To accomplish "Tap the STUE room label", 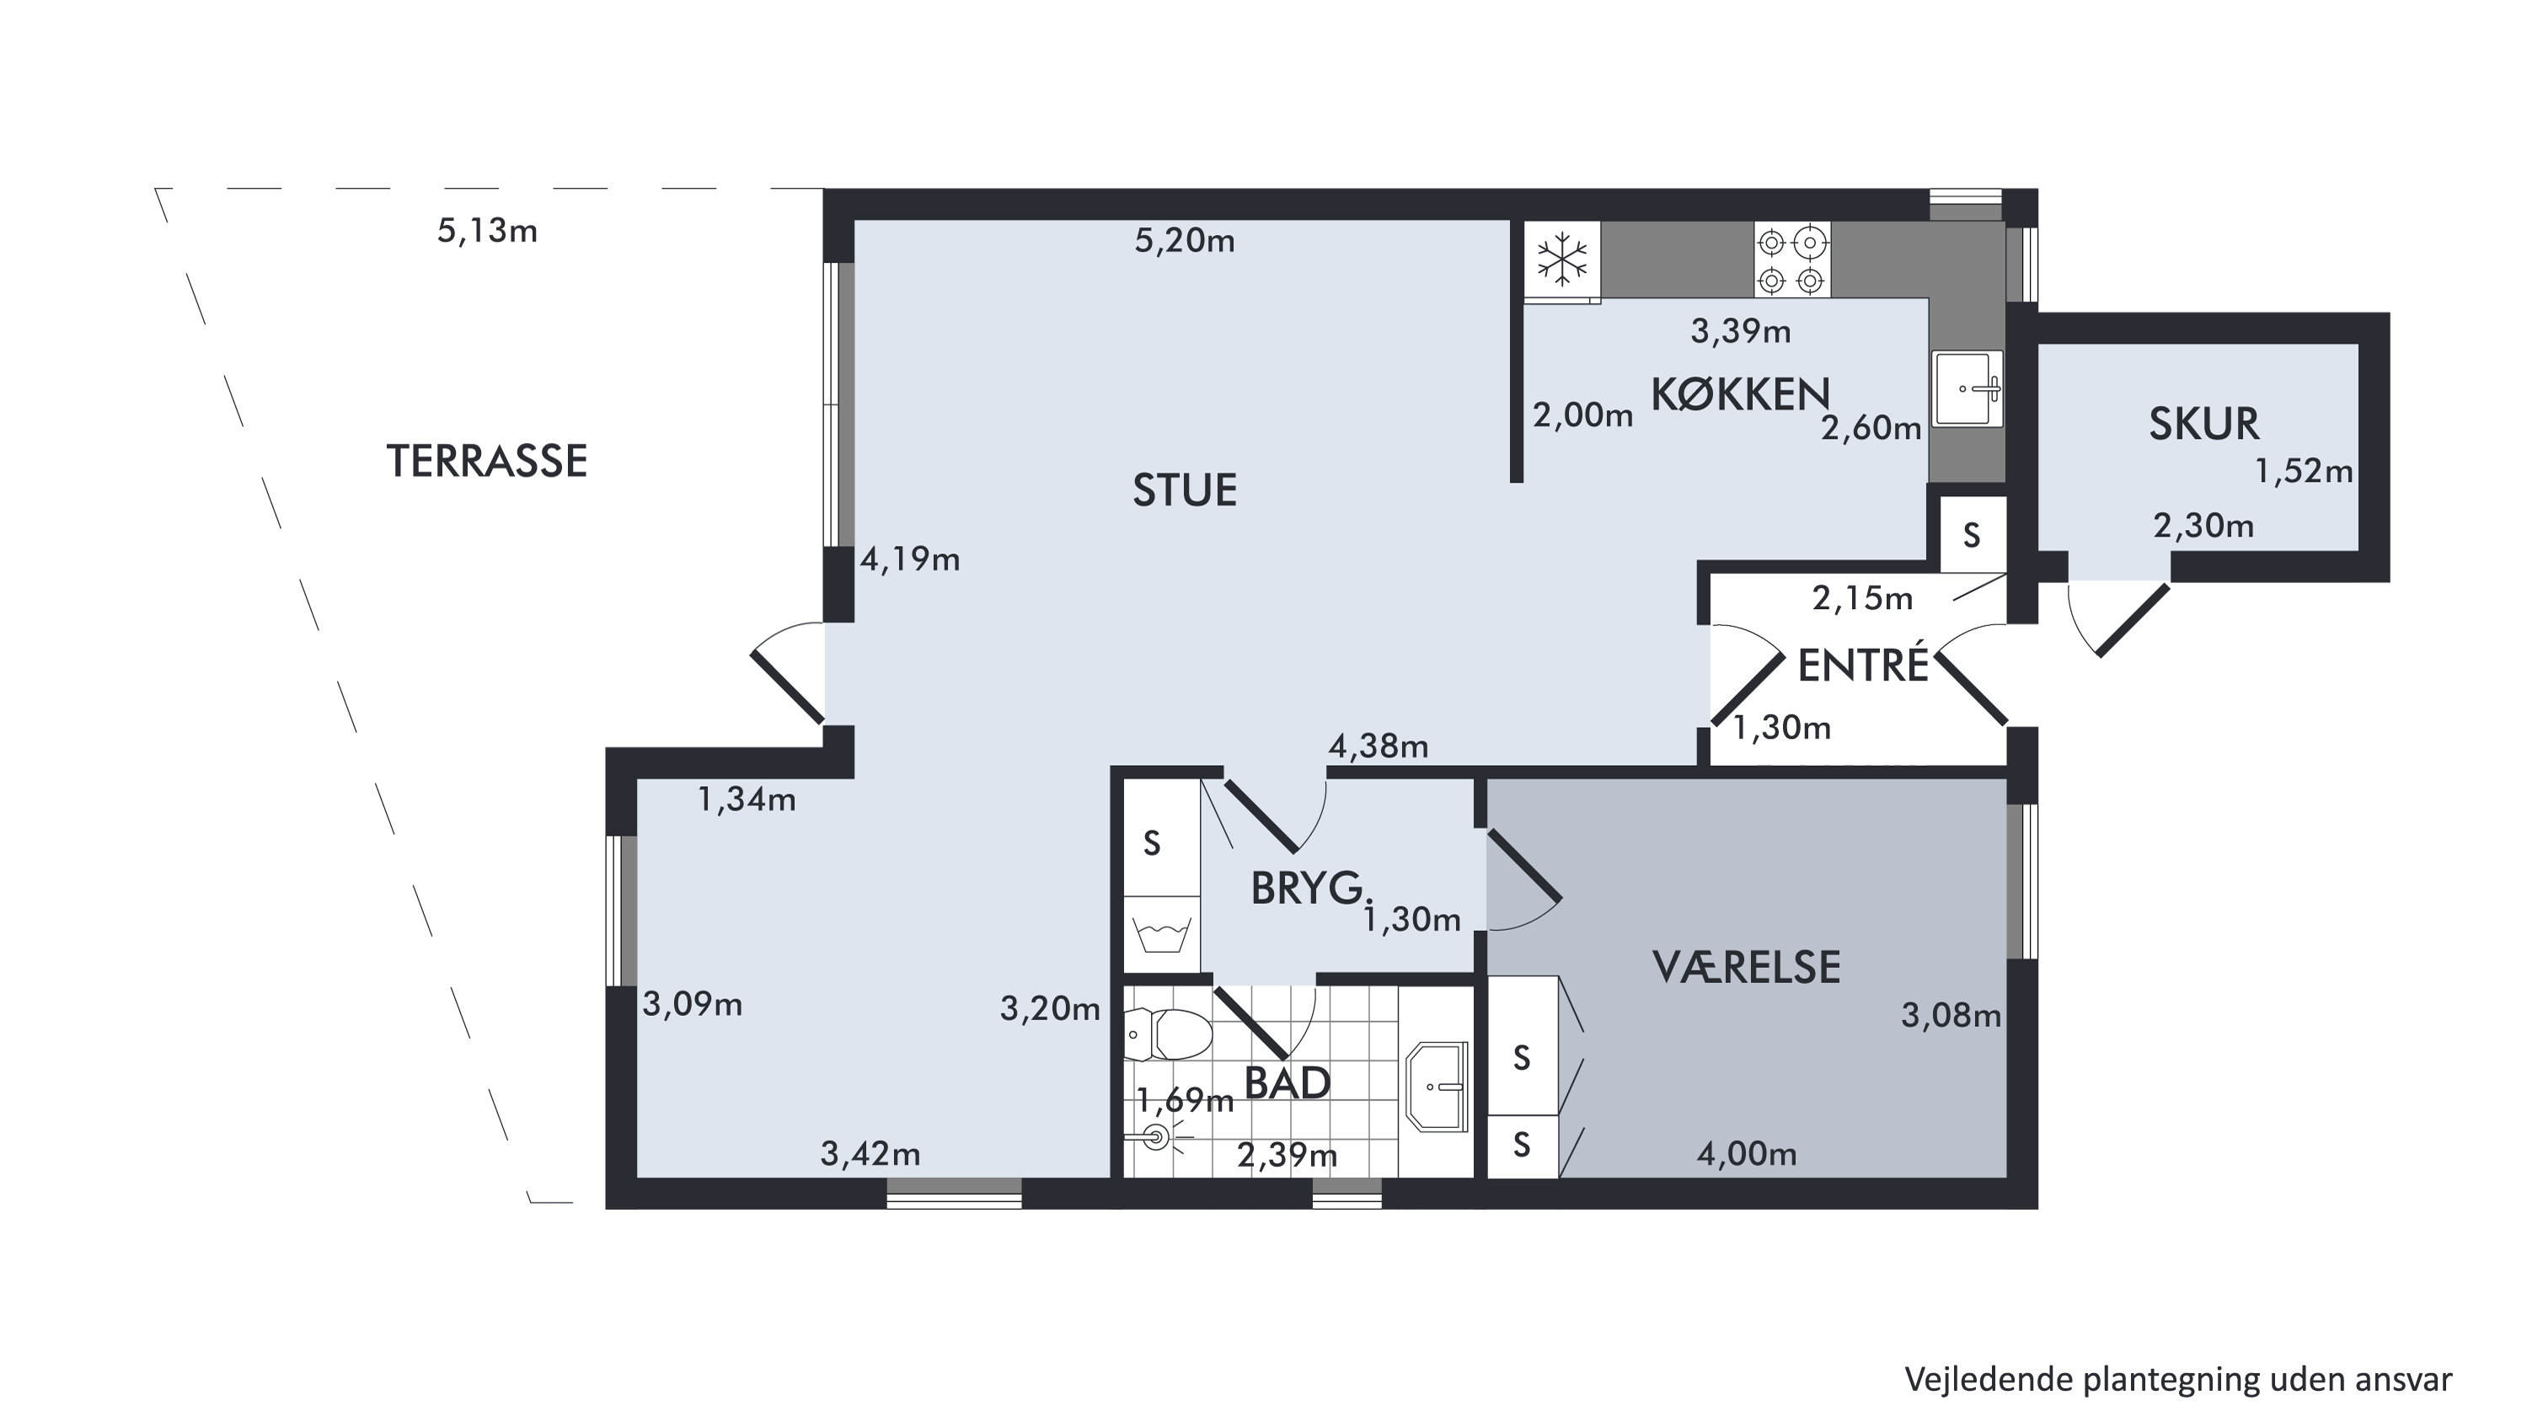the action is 1184,490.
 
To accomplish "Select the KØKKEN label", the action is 1740,394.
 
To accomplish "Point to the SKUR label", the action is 2203,424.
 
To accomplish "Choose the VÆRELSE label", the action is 1746,967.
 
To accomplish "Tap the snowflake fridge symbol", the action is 1561,259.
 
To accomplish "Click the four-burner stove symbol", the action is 1791,259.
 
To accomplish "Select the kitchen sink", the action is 1967,388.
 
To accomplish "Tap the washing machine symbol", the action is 1161,934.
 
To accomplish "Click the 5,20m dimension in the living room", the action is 1184,240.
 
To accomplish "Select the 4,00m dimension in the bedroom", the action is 1746,1153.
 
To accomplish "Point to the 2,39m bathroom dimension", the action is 1286,1155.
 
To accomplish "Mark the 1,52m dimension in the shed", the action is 2304,472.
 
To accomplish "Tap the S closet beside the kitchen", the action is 1972,534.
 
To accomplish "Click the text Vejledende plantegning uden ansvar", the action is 2178,1379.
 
